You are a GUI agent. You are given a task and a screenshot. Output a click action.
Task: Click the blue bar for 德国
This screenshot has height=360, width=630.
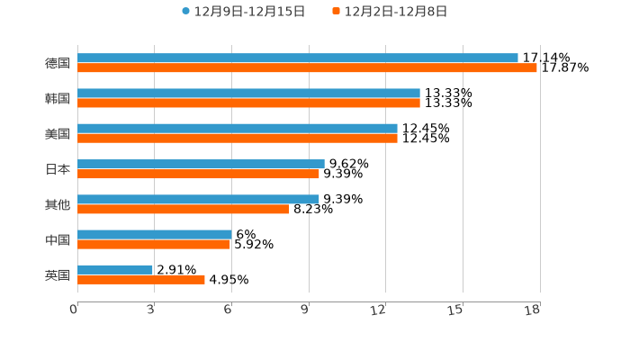click(x=297, y=58)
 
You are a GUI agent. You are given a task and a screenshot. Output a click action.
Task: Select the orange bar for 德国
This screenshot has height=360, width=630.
click(x=307, y=67)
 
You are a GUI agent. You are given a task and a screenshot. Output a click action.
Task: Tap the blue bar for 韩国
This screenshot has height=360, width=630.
click(x=248, y=93)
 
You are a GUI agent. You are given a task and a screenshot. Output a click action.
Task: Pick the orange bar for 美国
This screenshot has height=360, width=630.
click(x=238, y=138)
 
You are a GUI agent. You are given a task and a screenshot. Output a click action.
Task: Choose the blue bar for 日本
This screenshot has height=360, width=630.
click(x=201, y=164)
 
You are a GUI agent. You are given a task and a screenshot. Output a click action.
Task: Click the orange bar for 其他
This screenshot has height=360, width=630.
click(x=184, y=209)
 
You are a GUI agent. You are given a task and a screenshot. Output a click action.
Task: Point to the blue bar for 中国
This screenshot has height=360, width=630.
click(x=154, y=234)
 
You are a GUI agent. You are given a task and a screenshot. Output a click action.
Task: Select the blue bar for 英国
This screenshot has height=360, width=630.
click(x=115, y=269)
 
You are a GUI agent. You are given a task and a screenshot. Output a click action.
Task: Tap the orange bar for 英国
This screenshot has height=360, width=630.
click(x=141, y=279)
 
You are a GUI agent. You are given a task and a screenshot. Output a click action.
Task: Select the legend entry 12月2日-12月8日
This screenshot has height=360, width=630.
click(x=395, y=12)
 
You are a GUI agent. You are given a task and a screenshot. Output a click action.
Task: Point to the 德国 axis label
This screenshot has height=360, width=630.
click(x=58, y=63)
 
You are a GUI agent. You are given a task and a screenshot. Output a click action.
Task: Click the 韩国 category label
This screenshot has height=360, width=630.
click(x=58, y=98)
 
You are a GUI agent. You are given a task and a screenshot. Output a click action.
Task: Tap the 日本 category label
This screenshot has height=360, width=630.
click(x=58, y=169)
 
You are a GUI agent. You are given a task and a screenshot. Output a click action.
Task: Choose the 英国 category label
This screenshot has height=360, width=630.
click(x=58, y=274)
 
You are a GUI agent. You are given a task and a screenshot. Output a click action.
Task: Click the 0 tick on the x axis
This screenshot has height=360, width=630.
click(x=74, y=310)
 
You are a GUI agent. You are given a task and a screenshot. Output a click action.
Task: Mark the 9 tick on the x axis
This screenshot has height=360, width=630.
click(x=305, y=310)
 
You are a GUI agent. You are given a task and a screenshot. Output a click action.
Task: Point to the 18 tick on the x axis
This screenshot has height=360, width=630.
click(x=533, y=310)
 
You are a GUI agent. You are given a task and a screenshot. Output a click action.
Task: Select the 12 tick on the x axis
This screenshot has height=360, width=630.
click(x=379, y=310)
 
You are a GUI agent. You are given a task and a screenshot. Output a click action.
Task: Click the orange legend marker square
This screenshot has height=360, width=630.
click(x=336, y=12)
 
